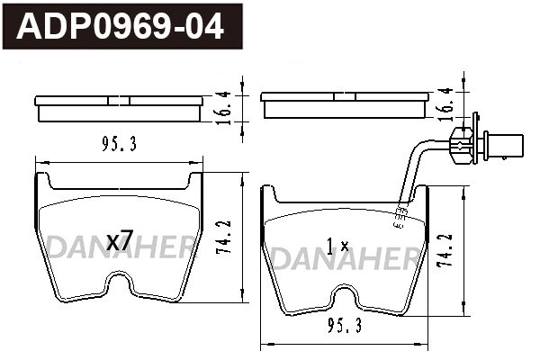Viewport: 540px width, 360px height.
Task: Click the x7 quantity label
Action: coord(120,241)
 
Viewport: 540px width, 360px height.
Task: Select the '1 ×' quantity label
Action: coord(337,245)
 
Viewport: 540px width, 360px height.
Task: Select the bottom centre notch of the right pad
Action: coord(343,298)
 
